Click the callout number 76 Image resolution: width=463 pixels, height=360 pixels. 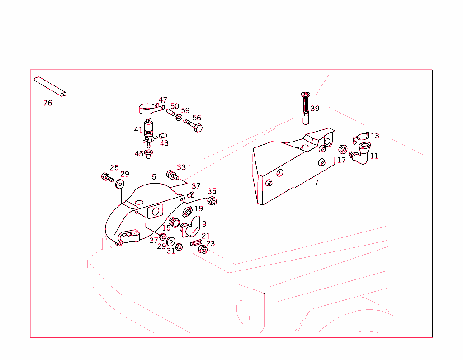pos(47,103)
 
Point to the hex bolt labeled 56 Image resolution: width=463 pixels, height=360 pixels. pos(193,125)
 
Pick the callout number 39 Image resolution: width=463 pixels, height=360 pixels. pos(315,109)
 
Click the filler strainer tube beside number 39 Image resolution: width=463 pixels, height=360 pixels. pos(306,108)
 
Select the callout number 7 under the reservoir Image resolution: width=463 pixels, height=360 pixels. pos(317,183)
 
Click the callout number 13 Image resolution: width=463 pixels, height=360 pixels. pos(375,136)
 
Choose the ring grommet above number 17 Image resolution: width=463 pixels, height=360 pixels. pos(343,149)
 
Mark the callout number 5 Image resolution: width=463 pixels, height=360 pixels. pos(154,177)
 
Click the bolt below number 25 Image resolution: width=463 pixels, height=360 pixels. pos(107,177)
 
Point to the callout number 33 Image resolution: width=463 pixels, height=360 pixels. pos(181,167)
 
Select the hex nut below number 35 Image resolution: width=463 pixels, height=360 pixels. pos(212,201)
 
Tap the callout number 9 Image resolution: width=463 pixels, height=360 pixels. pos(204,223)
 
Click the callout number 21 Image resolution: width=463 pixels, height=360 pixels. pos(206,236)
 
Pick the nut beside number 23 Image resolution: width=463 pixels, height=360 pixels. pos(203,249)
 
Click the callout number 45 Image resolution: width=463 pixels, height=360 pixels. pos(139,154)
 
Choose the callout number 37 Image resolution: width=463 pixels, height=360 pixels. pos(196,186)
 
